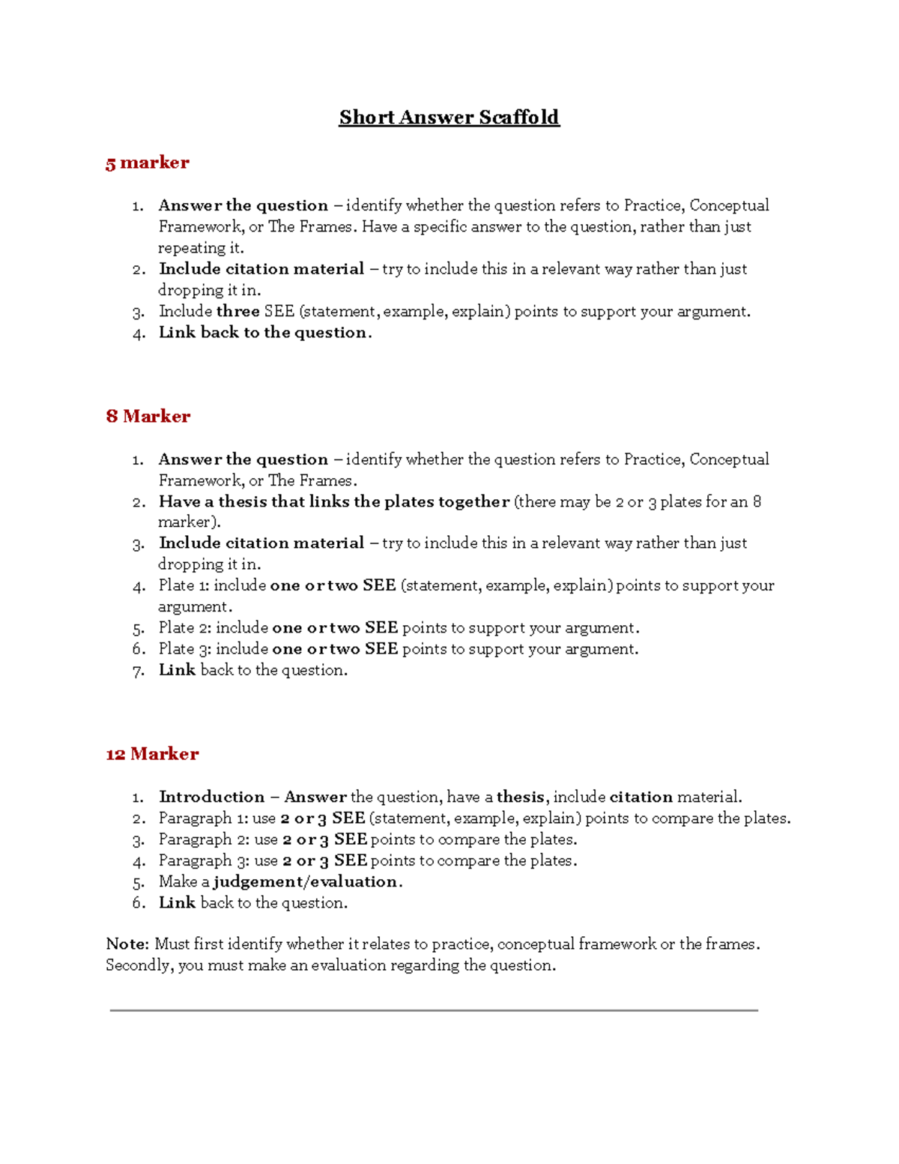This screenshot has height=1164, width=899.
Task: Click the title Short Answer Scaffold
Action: coord(449,118)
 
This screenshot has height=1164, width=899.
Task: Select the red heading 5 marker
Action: coord(148,163)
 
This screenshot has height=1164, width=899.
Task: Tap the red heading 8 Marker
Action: coord(148,416)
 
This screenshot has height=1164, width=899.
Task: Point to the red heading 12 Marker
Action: coord(152,754)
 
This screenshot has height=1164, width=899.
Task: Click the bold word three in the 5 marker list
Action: coord(238,311)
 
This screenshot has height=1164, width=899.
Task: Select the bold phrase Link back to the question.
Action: coord(264,333)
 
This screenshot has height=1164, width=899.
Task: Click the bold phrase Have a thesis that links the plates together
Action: coord(333,501)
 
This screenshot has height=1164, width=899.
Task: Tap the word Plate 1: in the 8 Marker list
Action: coord(184,585)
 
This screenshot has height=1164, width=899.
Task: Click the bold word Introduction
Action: coord(211,797)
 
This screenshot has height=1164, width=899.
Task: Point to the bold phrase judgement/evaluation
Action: coord(306,881)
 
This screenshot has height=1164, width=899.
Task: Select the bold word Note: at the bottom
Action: coord(127,944)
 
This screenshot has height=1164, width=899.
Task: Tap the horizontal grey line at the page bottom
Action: coord(434,1010)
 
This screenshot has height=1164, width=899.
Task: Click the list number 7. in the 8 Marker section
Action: coord(139,671)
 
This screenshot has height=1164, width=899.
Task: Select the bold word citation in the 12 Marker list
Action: coord(641,797)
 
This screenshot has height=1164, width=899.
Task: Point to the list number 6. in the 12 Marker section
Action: coord(139,903)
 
